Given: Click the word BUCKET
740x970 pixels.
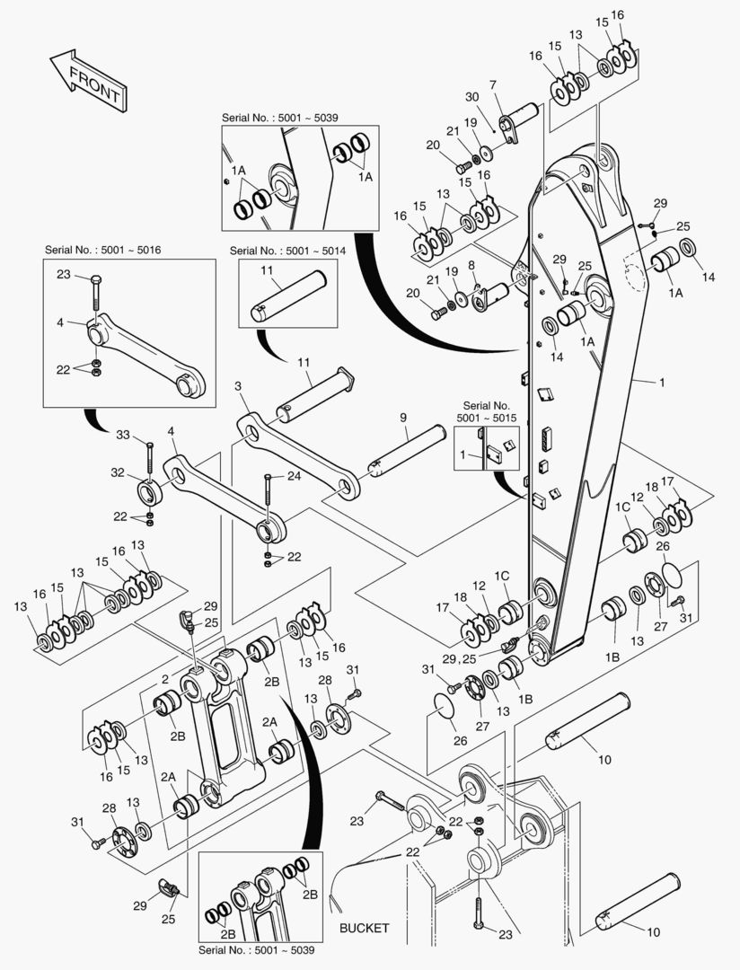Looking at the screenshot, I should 365,928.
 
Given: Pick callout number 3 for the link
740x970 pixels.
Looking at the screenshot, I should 238,385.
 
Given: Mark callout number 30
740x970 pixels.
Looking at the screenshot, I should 472,98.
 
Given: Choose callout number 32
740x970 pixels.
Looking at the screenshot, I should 117,472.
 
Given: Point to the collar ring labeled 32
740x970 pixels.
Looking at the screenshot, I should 149,493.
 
